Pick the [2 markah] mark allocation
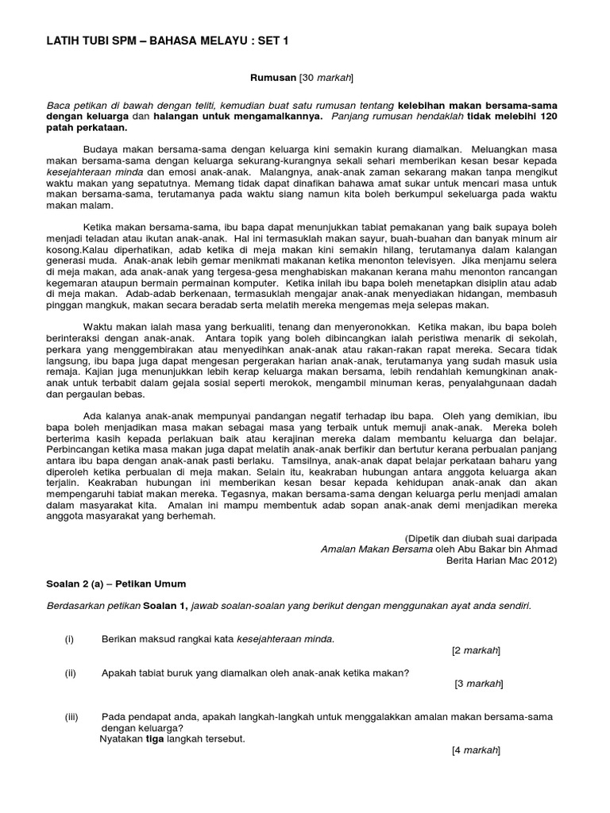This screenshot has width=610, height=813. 476,650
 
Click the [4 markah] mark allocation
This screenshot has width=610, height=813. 477,749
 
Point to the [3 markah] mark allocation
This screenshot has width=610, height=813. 478,684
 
